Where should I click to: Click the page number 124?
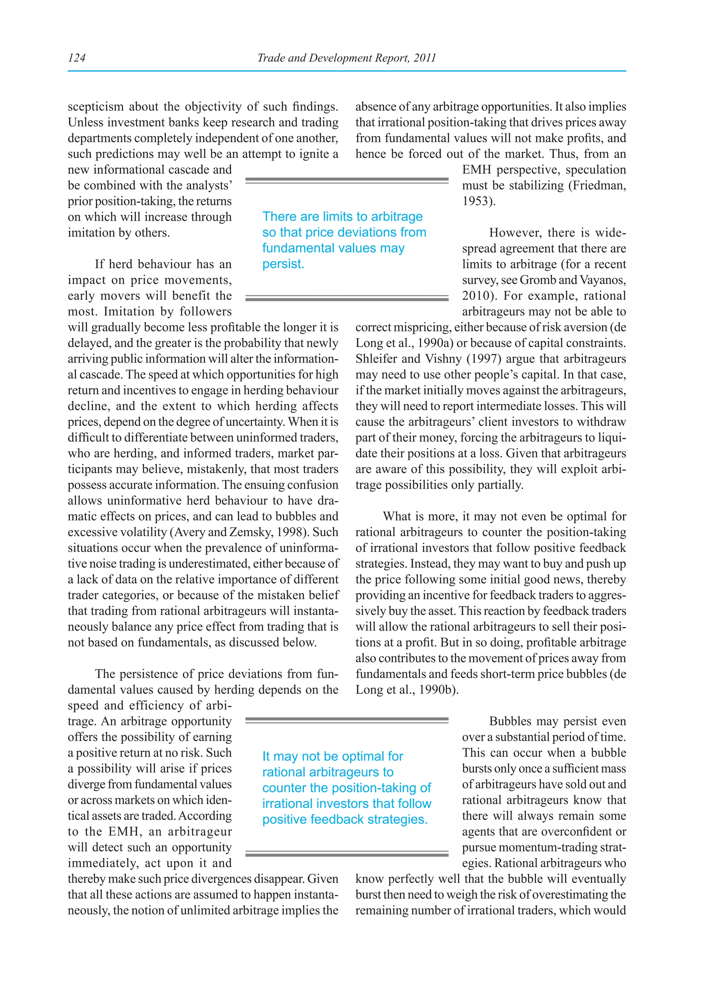coord(77,58)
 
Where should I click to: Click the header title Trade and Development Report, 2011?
coord(346,58)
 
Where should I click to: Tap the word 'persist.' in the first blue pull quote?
coord(283,264)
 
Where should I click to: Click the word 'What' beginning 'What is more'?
coord(397,516)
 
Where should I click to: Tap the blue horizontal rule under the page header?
coord(346,71)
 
